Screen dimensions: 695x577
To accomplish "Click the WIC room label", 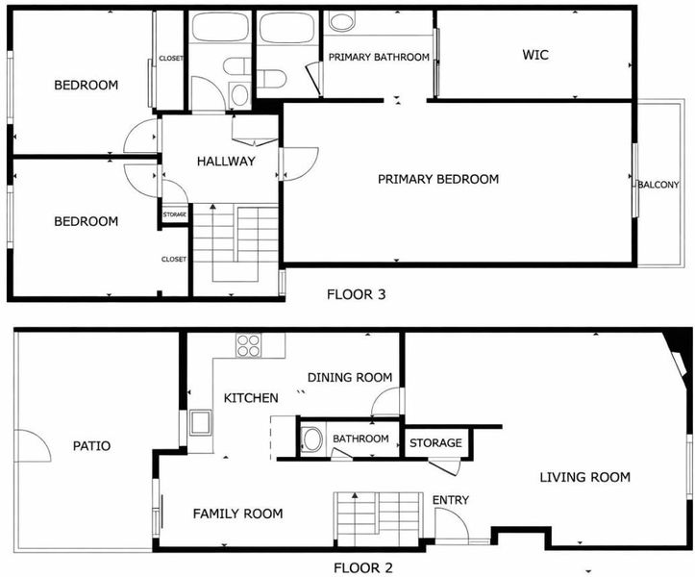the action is (x=535, y=55).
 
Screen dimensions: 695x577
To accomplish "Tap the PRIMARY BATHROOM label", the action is (x=379, y=57).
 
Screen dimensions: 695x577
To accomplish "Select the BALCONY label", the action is (x=658, y=185).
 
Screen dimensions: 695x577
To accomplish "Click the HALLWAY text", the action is (x=226, y=161).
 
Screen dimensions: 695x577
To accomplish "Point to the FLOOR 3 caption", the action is (x=357, y=294).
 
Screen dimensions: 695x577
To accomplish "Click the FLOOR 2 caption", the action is (x=363, y=567).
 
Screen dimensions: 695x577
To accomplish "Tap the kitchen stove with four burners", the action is (x=248, y=345).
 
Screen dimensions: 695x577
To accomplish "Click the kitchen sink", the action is (x=200, y=423).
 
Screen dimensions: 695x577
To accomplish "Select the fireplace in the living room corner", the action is (x=678, y=360).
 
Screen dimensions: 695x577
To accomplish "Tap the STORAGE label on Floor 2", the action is (x=435, y=442).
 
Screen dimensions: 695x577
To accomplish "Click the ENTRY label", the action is (x=451, y=500).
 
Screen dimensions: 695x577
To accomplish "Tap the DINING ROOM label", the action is (x=350, y=377).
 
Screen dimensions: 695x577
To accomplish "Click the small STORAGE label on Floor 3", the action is (x=175, y=214).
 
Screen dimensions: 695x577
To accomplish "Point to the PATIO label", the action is (x=91, y=445).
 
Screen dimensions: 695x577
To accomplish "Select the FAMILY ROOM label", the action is (x=238, y=514).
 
